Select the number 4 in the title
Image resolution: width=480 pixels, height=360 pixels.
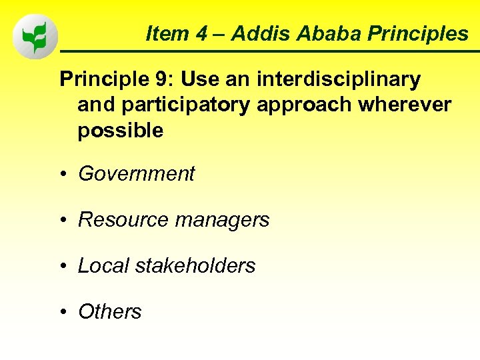[201, 33]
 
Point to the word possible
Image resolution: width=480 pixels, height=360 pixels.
[120, 131]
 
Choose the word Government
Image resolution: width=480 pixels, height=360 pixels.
[136, 174]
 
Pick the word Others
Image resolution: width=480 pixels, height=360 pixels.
[110, 311]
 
